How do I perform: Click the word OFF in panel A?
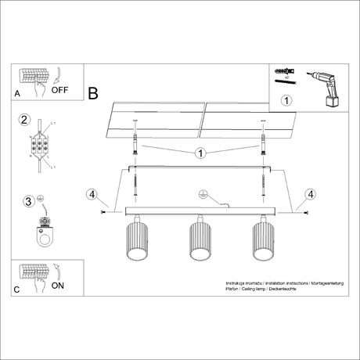[60, 90]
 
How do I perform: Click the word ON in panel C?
[58, 286]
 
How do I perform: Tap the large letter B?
[93, 94]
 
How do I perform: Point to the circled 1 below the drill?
[286, 100]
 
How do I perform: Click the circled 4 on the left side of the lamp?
[92, 194]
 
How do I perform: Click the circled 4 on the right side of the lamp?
[311, 194]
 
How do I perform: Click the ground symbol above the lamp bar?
[201, 194]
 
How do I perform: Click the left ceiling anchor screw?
[137, 149]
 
